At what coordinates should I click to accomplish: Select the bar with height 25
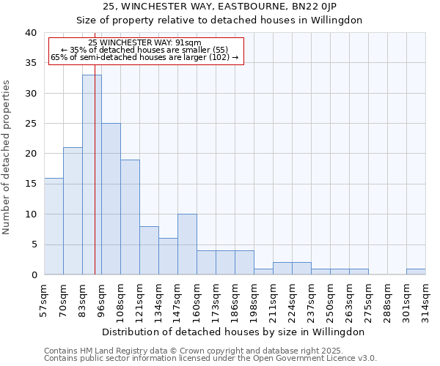(x=111, y=198)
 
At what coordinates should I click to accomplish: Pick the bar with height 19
(x=130, y=217)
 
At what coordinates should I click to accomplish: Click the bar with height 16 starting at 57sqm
(x=54, y=226)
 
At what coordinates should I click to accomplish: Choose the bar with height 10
(x=187, y=244)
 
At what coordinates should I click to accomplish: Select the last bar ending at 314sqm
(x=416, y=272)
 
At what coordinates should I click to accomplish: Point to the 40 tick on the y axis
(x=30, y=33)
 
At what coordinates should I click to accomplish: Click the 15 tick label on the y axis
(x=30, y=184)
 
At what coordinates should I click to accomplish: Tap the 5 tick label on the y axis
(x=33, y=244)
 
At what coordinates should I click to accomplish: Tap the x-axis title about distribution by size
(x=235, y=332)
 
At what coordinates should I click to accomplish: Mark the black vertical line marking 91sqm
(x=95, y=183)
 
